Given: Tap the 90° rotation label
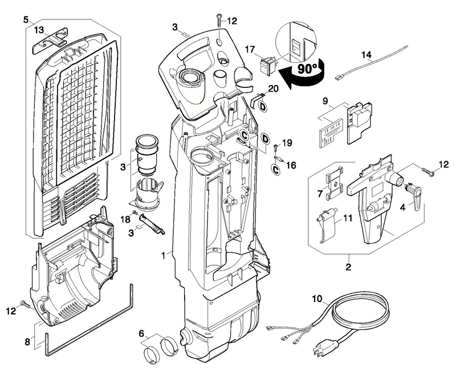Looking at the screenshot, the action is click(308, 68).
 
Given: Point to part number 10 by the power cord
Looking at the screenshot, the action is click(317, 299).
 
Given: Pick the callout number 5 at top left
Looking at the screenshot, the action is click(26, 20).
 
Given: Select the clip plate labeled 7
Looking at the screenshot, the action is click(335, 183).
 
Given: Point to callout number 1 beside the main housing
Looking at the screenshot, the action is click(164, 256).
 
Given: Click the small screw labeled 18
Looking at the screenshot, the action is click(135, 213).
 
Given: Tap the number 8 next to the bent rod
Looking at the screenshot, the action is click(27, 342).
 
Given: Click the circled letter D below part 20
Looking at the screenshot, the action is click(263, 107).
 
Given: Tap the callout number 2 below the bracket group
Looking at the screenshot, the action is click(348, 267).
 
